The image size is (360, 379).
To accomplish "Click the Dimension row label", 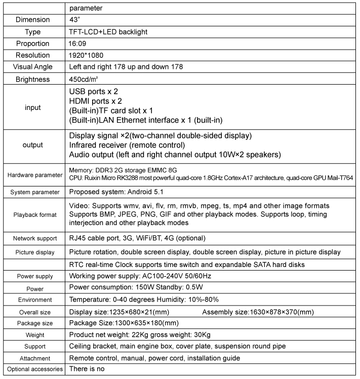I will click(x=32, y=20).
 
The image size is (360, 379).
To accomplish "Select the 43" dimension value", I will click(x=74, y=20).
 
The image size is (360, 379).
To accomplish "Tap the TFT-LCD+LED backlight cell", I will click(x=108, y=32).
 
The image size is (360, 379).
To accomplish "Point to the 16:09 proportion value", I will click(x=78, y=44).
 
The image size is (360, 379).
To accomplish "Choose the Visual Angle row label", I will click(x=32, y=67).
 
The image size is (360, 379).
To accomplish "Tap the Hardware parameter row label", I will click(x=32, y=175).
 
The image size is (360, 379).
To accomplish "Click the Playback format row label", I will click(x=32, y=214).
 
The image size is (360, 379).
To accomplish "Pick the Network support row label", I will click(x=32, y=238).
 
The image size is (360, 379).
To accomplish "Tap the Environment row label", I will click(x=32, y=299).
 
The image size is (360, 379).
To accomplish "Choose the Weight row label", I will click(x=32, y=335).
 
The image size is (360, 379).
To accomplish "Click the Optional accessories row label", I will click(x=32, y=369).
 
